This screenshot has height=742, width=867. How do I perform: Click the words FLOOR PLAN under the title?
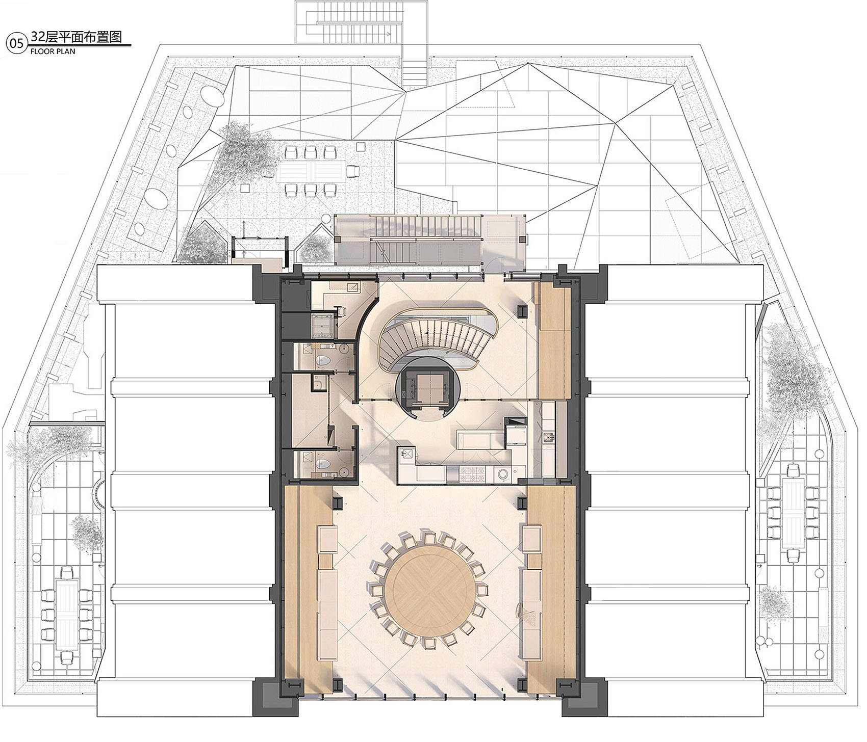pos(53,51)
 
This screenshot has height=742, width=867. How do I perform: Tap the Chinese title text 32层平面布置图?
pos(76,38)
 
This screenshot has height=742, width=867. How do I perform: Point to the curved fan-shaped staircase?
pos(433,340)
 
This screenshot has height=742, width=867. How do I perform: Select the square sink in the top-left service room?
pos(352,287)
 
